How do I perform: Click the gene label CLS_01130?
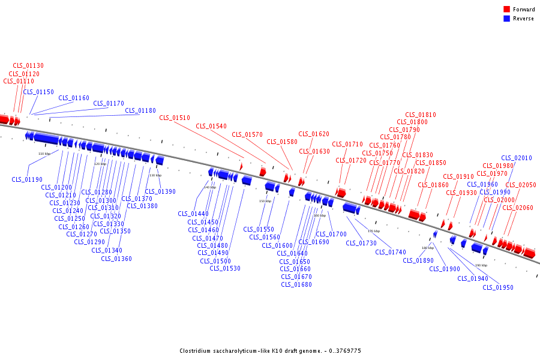click(x=28, y=65)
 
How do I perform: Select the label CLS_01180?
click(x=140, y=110)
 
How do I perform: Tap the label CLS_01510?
click(x=175, y=118)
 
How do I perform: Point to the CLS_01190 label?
click(x=27, y=179)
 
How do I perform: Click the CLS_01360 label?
click(x=116, y=259)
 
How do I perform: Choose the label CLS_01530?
click(x=225, y=268)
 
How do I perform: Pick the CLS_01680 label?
click(x=296, y=284)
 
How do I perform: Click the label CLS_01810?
click(x=421, y=115)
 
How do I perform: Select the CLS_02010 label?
click(x=517, y=158)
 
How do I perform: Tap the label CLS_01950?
click(x=498, y=287)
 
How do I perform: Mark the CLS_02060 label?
click(x=518, y=208)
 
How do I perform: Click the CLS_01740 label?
click(x=391, y=252)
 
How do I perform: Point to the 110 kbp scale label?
click(x=44, y=154)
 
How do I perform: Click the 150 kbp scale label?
click(x=265, y=201)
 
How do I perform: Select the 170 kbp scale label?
click(x=374, y=231)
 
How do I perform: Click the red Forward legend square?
click(x=507, y=10)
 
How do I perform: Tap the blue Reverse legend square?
click(x=507, y=19)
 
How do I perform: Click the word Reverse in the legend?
click(x=523, y=19)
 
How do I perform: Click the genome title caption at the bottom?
click(x=270, y=350)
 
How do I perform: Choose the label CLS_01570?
click(x=248, y=134)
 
